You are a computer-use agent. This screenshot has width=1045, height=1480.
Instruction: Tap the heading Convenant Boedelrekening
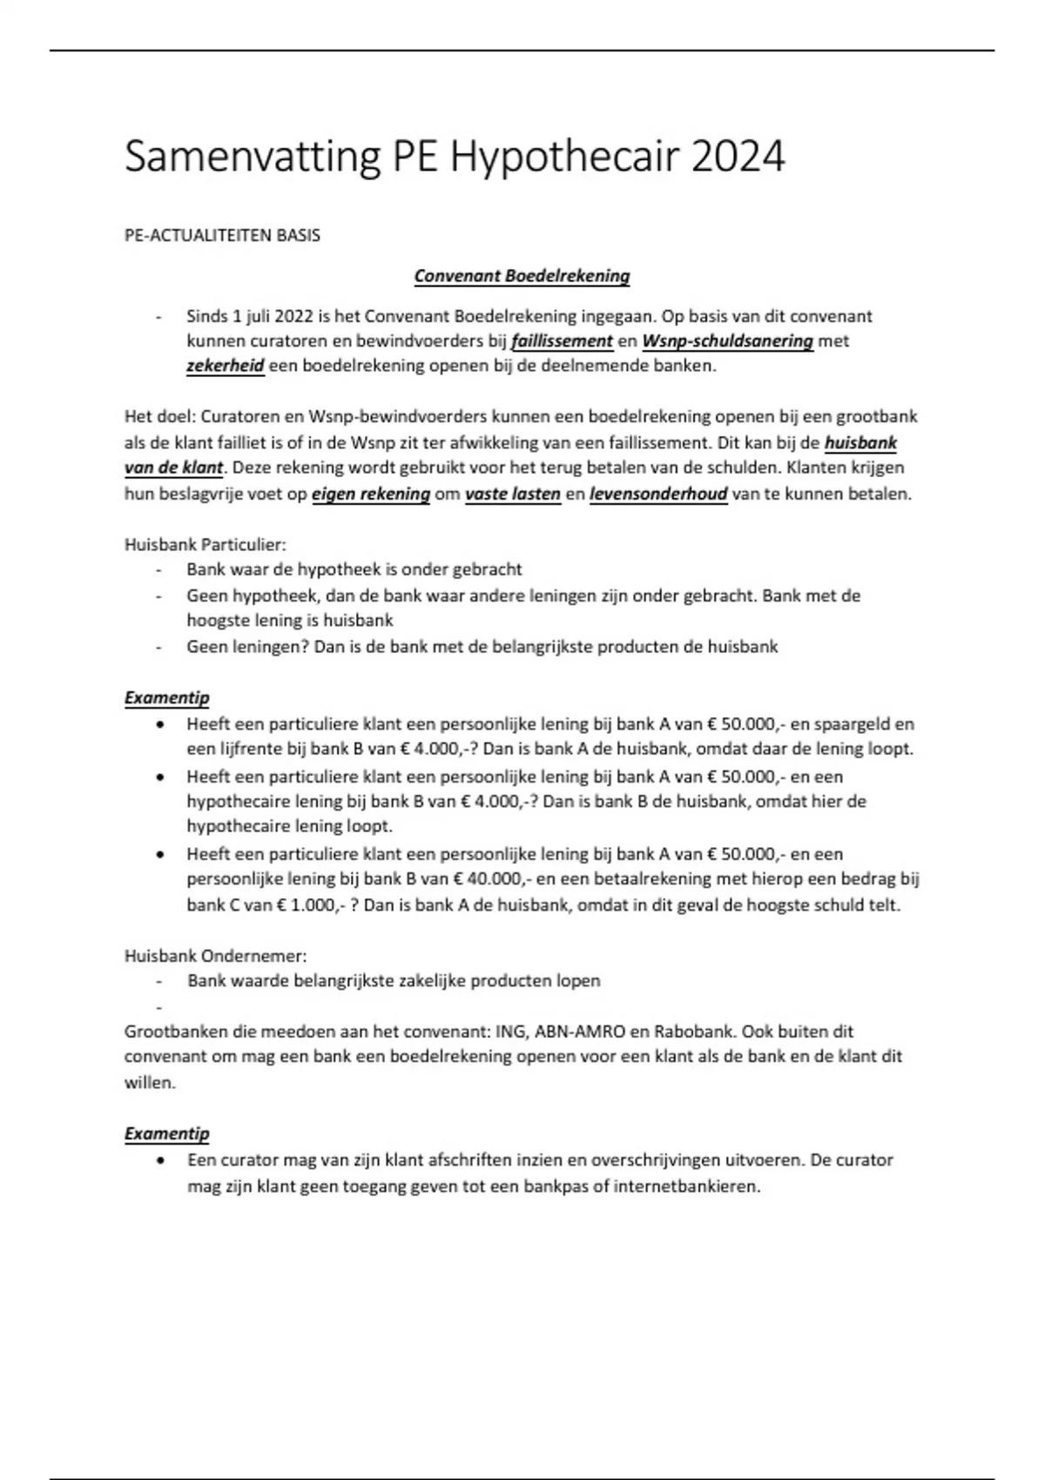[x=522, y=276]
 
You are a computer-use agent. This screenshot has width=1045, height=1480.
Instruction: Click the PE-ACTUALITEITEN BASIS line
[x=222, y=235]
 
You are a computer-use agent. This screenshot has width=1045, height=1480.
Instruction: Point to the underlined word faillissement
[x=562, y=341]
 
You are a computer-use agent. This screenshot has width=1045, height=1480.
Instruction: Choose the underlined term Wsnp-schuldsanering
[x=727, y=341]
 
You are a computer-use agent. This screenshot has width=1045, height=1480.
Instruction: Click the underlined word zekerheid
[x=225, y=366]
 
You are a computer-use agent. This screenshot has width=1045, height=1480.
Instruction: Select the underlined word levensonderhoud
[x=658, y=494]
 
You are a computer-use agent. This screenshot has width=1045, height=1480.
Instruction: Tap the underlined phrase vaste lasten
[x=513, y=494]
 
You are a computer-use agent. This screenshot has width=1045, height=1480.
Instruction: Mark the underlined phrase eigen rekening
[x=371, y=494]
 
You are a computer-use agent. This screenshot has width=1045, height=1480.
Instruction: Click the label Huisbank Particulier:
[x=206, y=545]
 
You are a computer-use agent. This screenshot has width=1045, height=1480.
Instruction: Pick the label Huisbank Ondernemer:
[x=215, y=955]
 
